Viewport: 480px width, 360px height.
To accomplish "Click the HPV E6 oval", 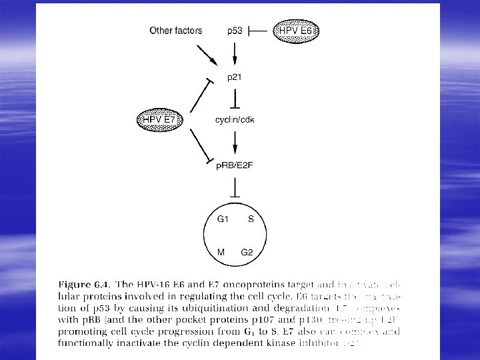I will pyautogui.click(x=295, y=31).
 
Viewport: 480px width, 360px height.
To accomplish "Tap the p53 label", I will pyautogui.click(x=234, y=31).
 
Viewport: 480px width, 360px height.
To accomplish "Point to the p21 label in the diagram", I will pyautogui.click(x=234, y=77).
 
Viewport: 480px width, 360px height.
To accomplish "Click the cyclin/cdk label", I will pyautogui.click(x=234, y=120).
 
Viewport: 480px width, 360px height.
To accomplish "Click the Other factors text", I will pyautogui.click(x=171, y=31).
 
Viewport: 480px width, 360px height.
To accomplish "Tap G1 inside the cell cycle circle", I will pyautogui.click(x=223, y=218).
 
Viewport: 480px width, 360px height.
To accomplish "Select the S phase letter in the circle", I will pyautogui.click(x=250, y=218).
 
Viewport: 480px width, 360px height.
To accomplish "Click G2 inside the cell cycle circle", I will pyautogui.click(x=248, y=252).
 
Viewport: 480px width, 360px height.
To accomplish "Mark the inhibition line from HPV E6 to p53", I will pyautogui.click(x=261, y=31).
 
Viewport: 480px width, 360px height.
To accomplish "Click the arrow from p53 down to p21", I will pyautogui.click(x=234, y=53).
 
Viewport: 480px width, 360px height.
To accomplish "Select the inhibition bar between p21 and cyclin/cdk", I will pyautogui.click(x=234, y=99).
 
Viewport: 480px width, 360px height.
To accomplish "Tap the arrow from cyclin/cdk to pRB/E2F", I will pyautogui.click(x=234, y=141).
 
